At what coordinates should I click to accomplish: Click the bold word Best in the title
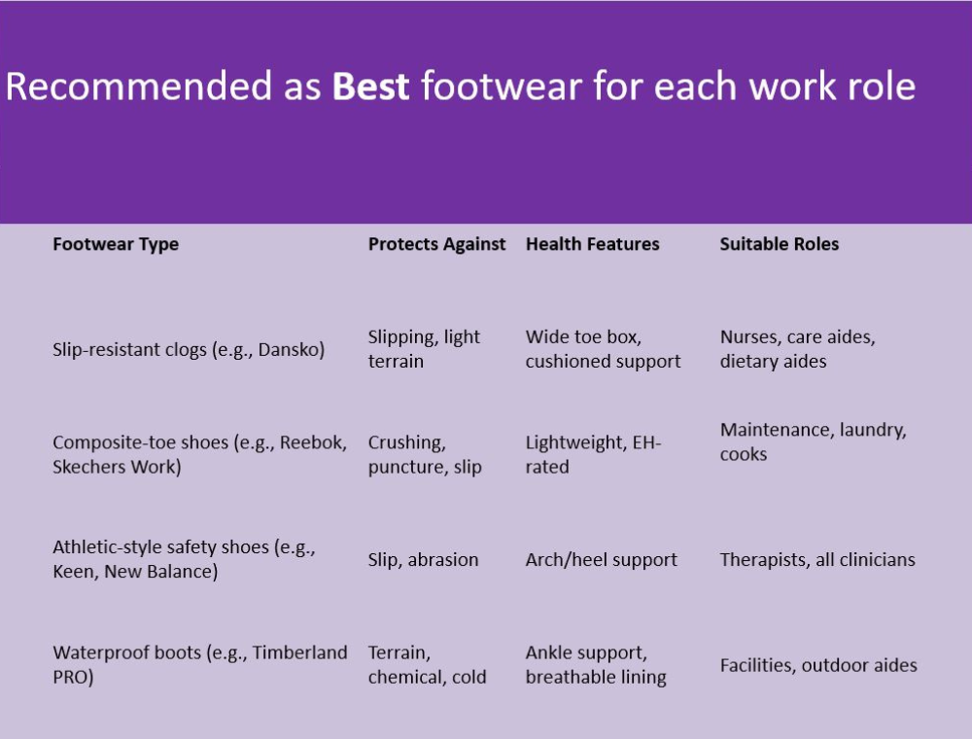pos(370,86)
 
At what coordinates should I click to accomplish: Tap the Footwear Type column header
pos(116,244)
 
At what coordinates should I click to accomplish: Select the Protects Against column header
pos(437,244)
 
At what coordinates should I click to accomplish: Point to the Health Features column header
pos(593,244)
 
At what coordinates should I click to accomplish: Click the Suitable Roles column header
pos(780,244)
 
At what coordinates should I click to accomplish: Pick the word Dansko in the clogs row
pos(289,350)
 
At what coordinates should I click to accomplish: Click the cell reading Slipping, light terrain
pos(424,349)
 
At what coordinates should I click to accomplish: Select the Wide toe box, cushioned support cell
pos(604,349)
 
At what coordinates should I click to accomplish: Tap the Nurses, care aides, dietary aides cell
pos(798,349)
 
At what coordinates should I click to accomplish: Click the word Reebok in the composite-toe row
pos(311,442)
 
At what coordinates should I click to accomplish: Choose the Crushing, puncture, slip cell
pos(425,454)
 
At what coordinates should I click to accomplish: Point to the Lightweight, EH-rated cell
pos(593,454)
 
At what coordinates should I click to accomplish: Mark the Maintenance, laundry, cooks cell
pos(814,442)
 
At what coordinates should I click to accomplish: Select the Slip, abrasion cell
pos(424,560)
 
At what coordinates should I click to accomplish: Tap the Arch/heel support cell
pos(602,560)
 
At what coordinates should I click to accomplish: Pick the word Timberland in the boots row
pos(300,652)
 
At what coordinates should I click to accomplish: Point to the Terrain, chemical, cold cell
pos(427,664)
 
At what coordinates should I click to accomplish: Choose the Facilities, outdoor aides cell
pos(818,665)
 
